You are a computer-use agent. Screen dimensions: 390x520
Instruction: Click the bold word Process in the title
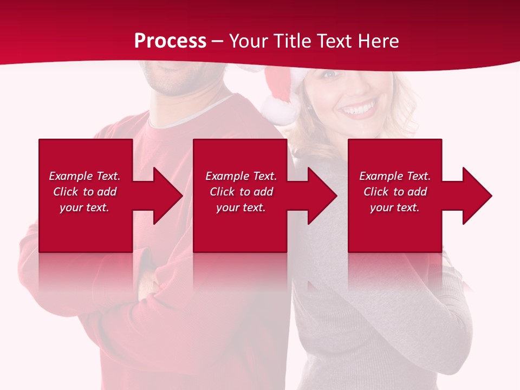[170, 41]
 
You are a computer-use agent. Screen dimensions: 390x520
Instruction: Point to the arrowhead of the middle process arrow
[322, 196]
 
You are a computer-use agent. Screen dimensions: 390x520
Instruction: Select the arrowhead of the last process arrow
[477, 196]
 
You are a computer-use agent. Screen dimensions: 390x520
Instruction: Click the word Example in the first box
[71, 176]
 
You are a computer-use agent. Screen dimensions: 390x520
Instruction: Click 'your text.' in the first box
[84, 207]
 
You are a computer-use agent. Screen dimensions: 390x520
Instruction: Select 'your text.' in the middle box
[241, 207]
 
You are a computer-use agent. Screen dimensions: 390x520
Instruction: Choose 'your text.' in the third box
[395, 207]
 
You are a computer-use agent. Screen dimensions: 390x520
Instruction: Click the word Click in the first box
[66, 192]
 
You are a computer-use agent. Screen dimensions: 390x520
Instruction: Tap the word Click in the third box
[376, 192]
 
